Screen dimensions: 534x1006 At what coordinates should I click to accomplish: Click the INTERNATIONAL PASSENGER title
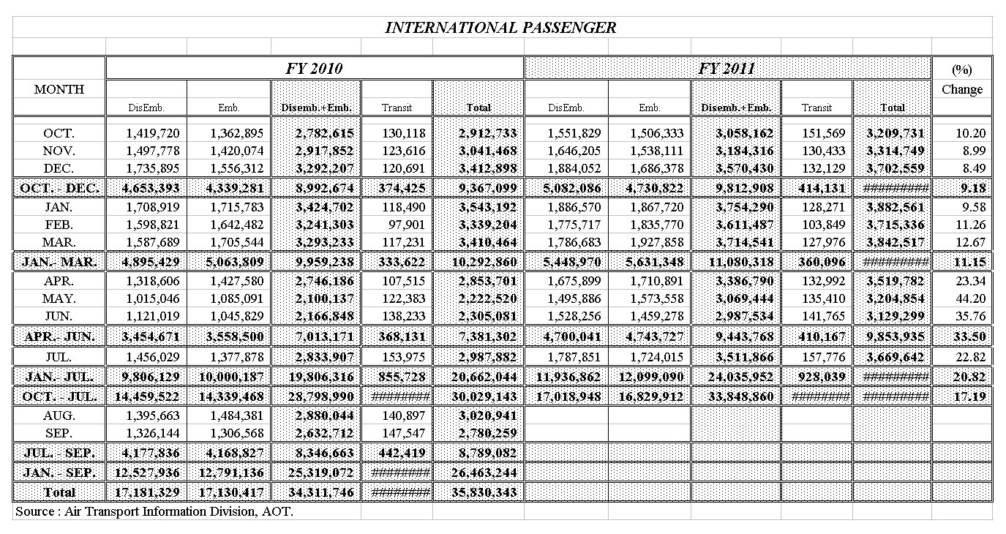500,28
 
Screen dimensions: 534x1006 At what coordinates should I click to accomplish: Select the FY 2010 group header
314,69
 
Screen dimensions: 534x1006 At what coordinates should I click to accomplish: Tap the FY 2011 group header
727,69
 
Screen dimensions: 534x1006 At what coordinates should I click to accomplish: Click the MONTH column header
59,89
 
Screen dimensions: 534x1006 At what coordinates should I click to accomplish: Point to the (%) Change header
961,80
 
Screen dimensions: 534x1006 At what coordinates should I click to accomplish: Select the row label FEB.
59,225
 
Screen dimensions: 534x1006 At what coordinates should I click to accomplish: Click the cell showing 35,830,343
480,492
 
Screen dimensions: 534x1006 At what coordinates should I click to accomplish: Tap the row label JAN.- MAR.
59,261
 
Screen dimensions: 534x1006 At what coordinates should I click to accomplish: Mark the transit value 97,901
398,225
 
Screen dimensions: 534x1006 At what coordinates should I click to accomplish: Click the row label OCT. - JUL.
59,396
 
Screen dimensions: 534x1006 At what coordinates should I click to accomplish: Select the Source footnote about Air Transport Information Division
154,511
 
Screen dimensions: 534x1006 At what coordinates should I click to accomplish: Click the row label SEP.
59,432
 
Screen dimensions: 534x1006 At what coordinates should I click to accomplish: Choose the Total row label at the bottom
59,492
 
